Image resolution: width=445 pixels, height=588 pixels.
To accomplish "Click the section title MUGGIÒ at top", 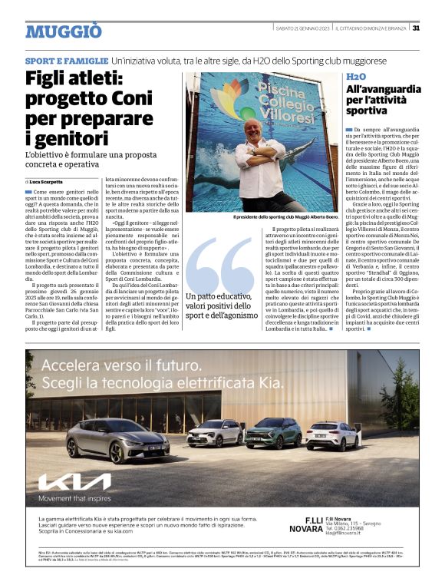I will [63, 31].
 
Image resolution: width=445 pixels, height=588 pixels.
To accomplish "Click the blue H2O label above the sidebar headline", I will [356, 78].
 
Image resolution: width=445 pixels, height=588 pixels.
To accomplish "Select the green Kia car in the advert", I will [273, 433].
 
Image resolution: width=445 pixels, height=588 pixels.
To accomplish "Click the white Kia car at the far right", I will [333, 434].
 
